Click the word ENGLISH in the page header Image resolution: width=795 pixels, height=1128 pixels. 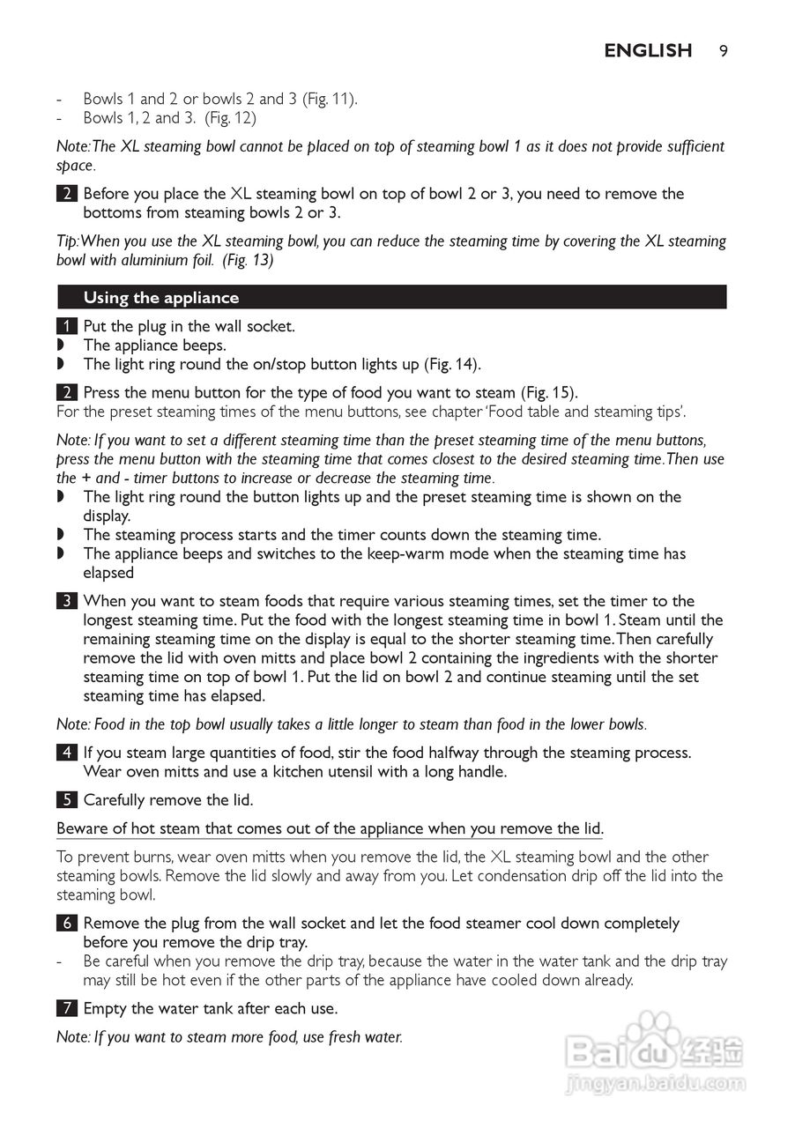pyautogui.click(x=648, y=51)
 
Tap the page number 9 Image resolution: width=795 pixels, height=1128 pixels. pyautogui.click(x=723, y=51)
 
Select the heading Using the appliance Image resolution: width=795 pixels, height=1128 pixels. pyautogui.click(x=160, y=298)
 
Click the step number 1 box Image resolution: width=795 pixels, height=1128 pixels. pyautogui.click(x=65, y=326)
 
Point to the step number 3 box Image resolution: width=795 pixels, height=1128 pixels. pyautogui.click(x=65, y=602)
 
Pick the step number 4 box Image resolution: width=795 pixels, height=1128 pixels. pyautogui.click(x=65, y=753)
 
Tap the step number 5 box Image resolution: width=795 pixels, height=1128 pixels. pyautogui.click(x=65, y=801)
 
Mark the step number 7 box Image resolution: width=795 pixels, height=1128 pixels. pyautogui.click(x=65, y=1009)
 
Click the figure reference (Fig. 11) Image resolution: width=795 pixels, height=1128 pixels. pyautogui.click(x=330, y=100)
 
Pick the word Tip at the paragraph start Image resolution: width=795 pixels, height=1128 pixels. pyautogui.click(x=67, y=241)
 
